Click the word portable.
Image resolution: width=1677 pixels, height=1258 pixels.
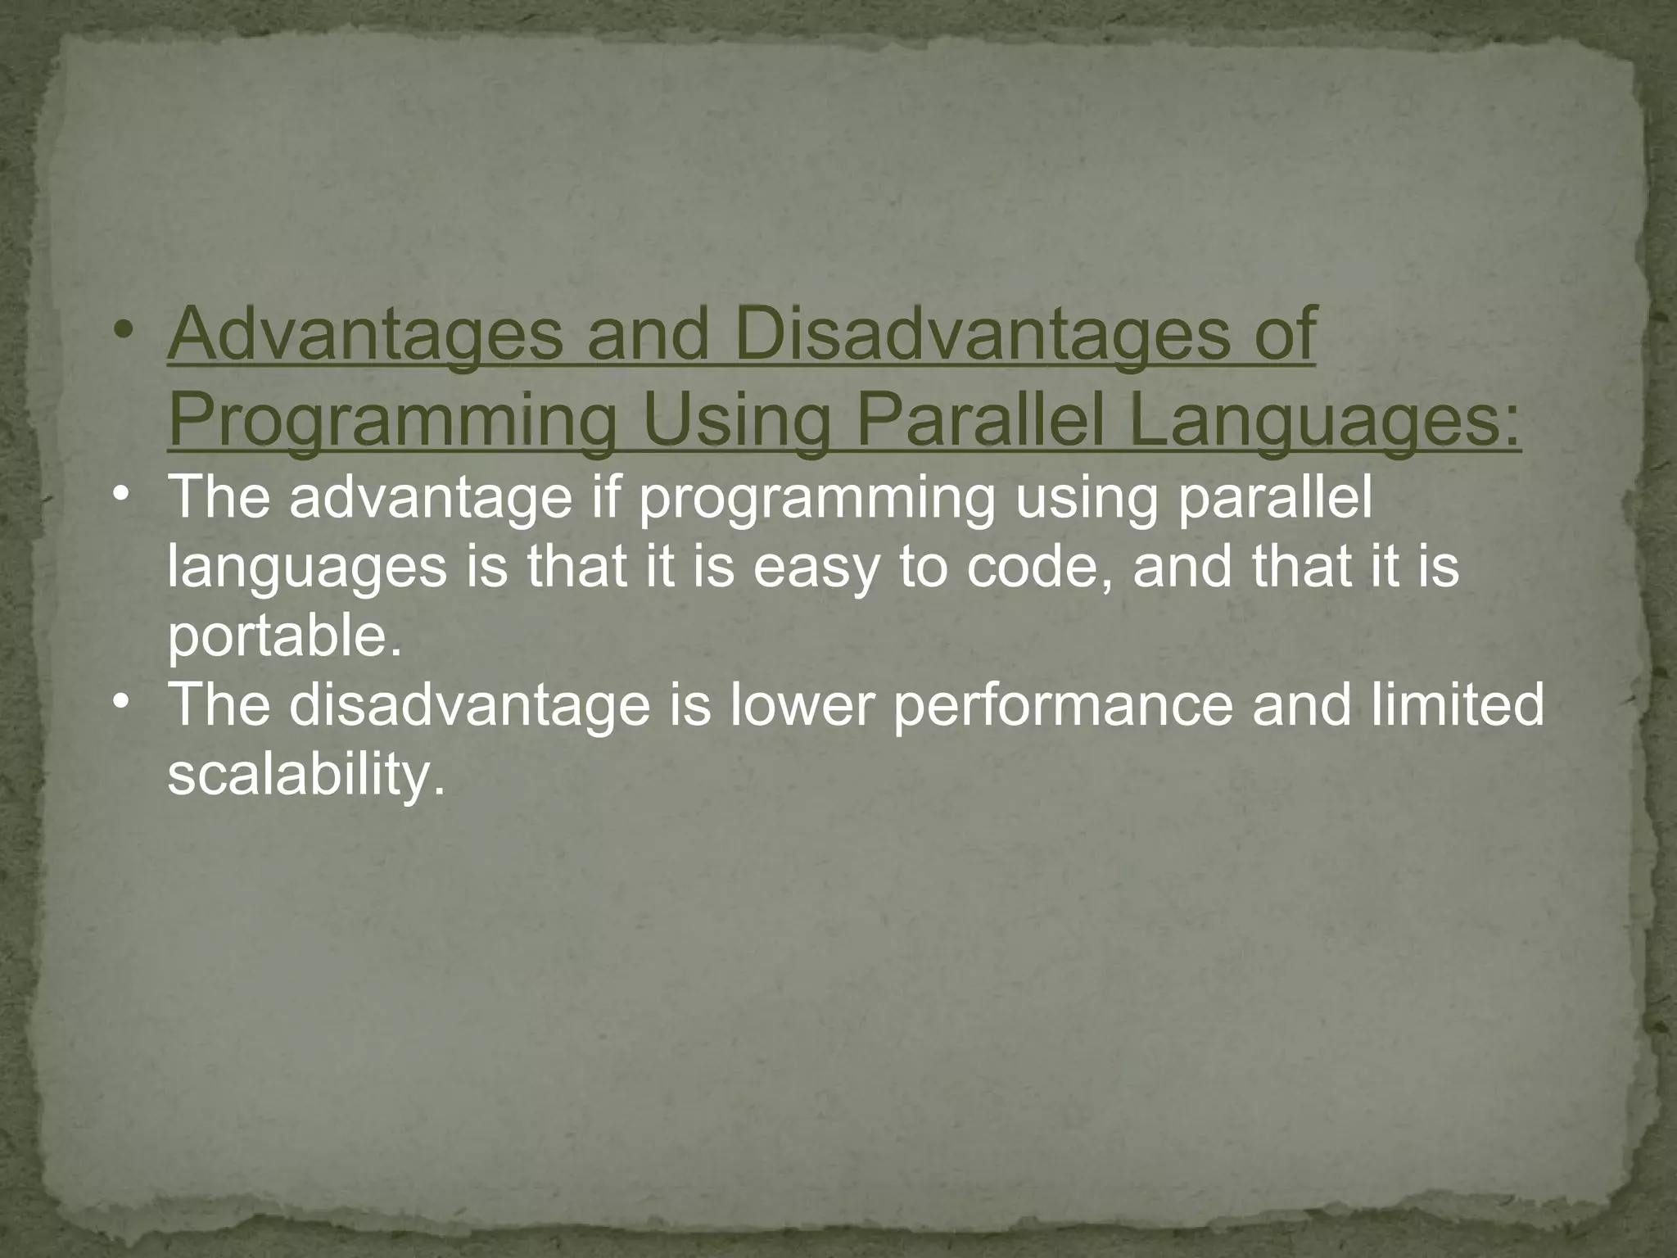point(286,637)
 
